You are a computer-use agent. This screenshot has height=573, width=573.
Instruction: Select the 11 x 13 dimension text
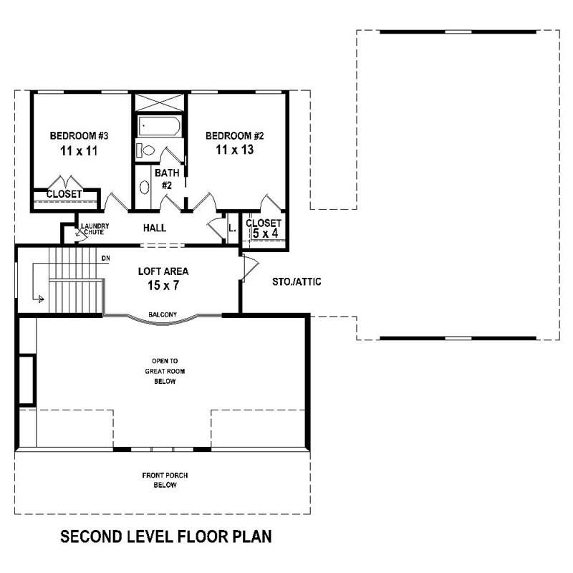(x=236, y=150)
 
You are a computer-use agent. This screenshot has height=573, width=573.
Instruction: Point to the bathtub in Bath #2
(x=159, y=127)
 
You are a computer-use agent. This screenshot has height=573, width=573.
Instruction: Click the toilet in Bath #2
(x=146, y=150)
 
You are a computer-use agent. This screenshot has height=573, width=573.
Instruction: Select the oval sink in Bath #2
(x=144, y=188)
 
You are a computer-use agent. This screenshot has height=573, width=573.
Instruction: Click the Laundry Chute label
(x=95, y=228)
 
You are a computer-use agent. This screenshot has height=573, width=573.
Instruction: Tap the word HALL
(x=155, y=228)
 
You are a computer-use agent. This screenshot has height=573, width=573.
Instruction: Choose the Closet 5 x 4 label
(x=264, y=228)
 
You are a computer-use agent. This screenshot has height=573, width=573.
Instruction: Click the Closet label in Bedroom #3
(x=64, y=194)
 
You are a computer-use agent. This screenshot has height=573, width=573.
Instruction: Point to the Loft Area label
(x=163, y=271)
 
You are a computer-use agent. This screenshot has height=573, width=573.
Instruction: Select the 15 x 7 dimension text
(x=163, y=286)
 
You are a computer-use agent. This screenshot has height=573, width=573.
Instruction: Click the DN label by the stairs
(x=105, y=258)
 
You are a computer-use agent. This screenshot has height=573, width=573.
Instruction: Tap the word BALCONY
(x=163, y=314)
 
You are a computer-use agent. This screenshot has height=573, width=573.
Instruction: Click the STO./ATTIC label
(x=297, y=282)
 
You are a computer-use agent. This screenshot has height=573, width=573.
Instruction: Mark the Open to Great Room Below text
(x=164, y=371)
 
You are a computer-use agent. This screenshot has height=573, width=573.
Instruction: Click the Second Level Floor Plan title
(x=165, y=536)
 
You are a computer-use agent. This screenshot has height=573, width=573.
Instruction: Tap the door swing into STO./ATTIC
(x=248, y=267)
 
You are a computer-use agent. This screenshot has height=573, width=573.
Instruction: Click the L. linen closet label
(x=232, y=229)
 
